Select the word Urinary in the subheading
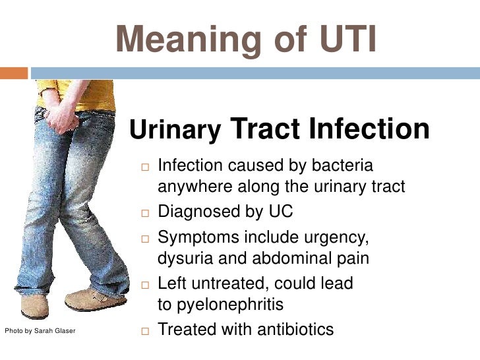pos(175,131)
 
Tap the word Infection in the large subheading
pos(369,129)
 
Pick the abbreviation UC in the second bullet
pos(281,212)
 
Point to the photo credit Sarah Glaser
pos(40,330)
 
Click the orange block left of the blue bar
pos(14,73)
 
